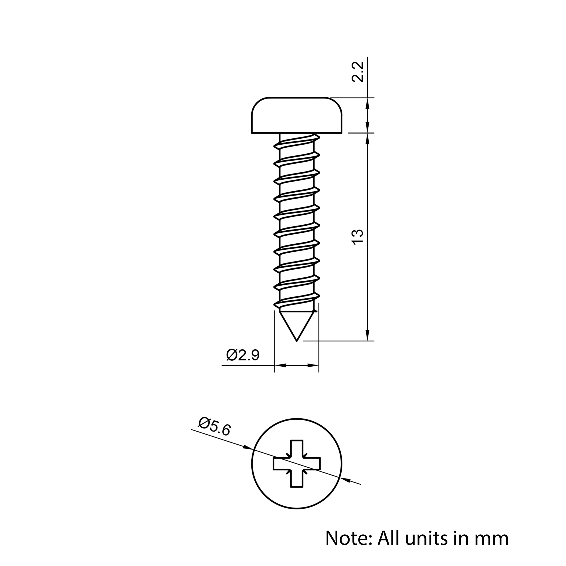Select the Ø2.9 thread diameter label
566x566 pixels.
(x=243, y=355)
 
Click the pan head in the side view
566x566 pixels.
(x=297, y=115)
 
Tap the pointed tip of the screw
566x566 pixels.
(x=297, y=341)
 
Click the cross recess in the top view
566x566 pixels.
(x=297, y=464)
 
